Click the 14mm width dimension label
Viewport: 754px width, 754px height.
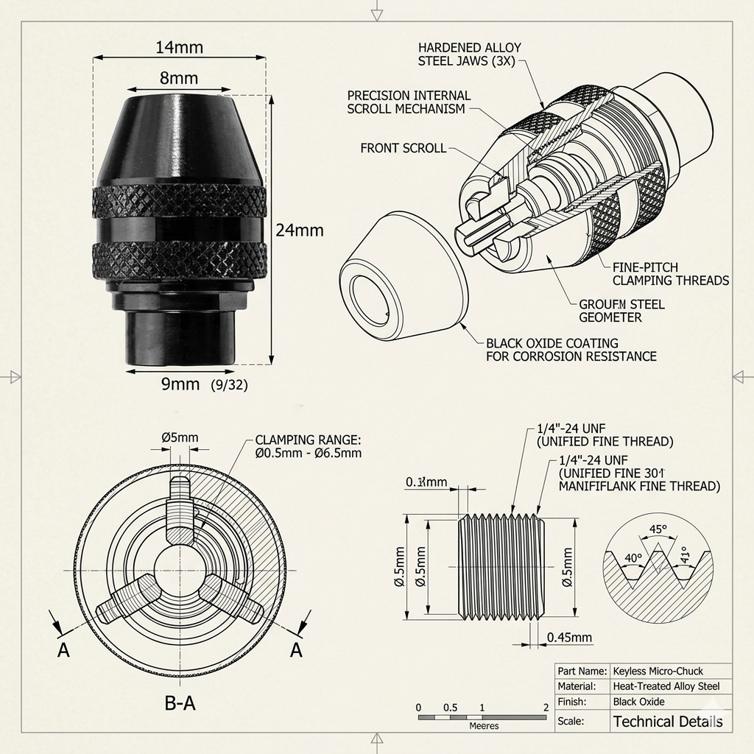click(179, 48)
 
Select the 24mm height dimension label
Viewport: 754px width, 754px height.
click(299, 230)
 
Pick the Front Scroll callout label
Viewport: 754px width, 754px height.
click(403, 148)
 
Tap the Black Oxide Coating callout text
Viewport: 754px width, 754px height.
click(571, 350)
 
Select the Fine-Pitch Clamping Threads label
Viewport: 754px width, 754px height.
click(671, 273)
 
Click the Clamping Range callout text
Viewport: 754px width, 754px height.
click(308, 446)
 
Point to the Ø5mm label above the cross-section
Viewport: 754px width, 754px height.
click(180, 437)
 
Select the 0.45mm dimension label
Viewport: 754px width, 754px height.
click(571, 637)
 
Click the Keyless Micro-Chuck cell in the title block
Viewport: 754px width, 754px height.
click(658, 671)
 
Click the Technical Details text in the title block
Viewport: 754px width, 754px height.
click(668, 722)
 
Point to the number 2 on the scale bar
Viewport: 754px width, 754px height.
click(546, 708)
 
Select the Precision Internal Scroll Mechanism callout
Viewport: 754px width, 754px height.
click(409, 102)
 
